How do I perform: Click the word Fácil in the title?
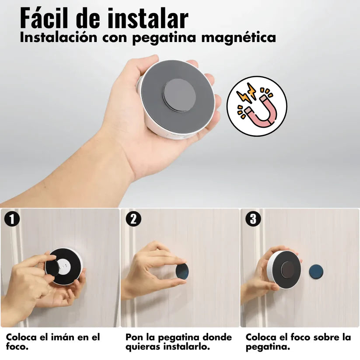point(49,19)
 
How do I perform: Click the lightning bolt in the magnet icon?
point(245,93)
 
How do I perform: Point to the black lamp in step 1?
point(63,266)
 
